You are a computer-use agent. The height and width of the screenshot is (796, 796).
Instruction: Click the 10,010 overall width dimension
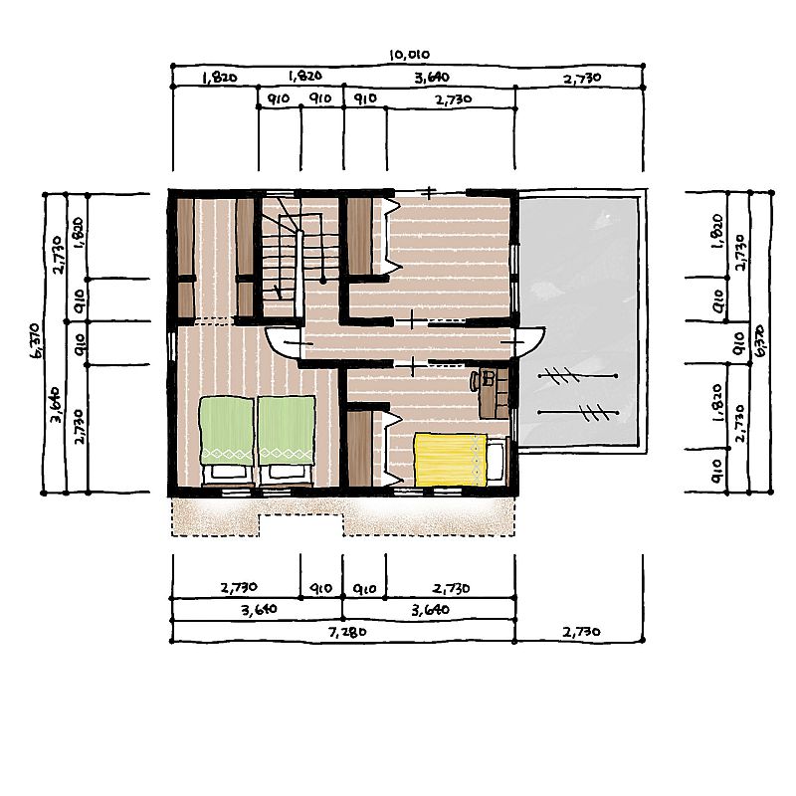[x=409, y=55]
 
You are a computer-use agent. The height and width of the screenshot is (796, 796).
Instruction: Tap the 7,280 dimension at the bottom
[x=347, y=632]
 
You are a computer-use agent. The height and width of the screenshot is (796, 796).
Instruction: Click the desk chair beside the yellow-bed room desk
[x=476, y=381]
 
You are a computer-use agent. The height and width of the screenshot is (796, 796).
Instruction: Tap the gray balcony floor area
[x=579, y=319]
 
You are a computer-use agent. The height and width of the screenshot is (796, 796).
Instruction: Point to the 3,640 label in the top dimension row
[x=432, y=78]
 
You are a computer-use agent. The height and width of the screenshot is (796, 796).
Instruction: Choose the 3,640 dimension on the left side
[x=57, y=405]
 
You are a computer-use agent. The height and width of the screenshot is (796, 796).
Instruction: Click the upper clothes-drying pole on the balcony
[x=578, y=376]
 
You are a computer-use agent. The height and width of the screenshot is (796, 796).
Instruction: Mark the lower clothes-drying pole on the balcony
[x=578, y=412]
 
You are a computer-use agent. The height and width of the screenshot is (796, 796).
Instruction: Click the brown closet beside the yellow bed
[x=360, y=448]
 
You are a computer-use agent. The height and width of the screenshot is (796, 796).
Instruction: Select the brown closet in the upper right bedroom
[x=360, y=236]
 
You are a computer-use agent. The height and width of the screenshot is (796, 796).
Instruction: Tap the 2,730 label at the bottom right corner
[x=582, y=632]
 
